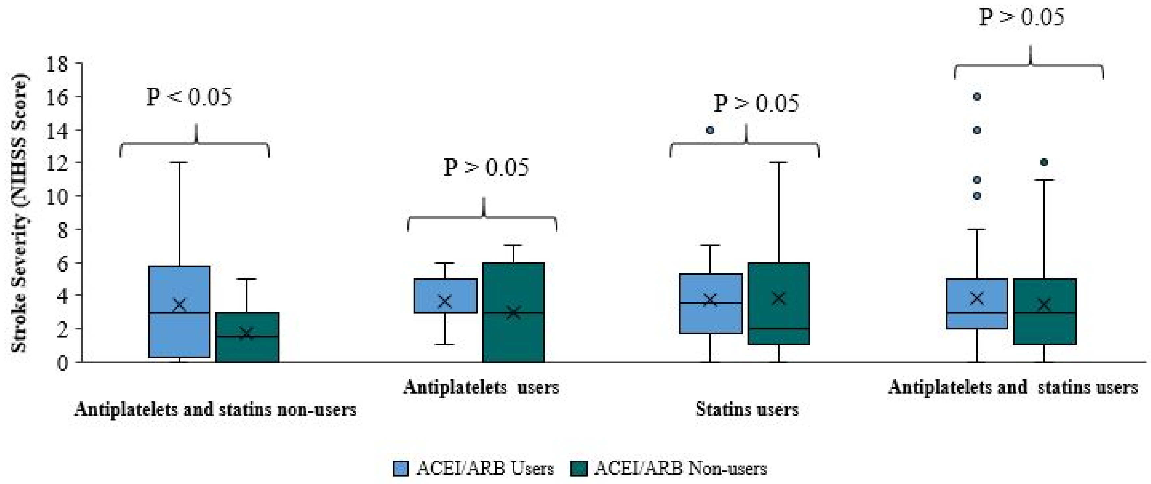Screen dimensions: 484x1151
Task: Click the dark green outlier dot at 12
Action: [1044, 162]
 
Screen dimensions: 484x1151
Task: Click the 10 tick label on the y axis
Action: [56, 196]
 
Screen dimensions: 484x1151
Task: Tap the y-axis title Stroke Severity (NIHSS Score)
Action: [19, 213]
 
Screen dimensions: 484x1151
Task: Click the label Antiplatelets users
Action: [481, 387]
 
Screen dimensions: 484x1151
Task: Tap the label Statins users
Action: [747, 409]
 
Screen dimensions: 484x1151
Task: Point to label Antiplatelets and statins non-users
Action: [215, 409]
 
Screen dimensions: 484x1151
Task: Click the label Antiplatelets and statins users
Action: [1013, 387]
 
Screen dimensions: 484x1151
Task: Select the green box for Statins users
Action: [779, 304]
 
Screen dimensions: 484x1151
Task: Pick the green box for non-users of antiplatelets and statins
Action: [247, 337]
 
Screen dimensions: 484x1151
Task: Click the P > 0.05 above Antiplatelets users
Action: [486, 167]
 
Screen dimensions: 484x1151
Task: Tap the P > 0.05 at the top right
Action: [1021, 17]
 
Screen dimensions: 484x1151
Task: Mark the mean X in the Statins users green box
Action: [779, 298]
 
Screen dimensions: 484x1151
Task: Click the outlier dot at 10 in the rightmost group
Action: [977, 196]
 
